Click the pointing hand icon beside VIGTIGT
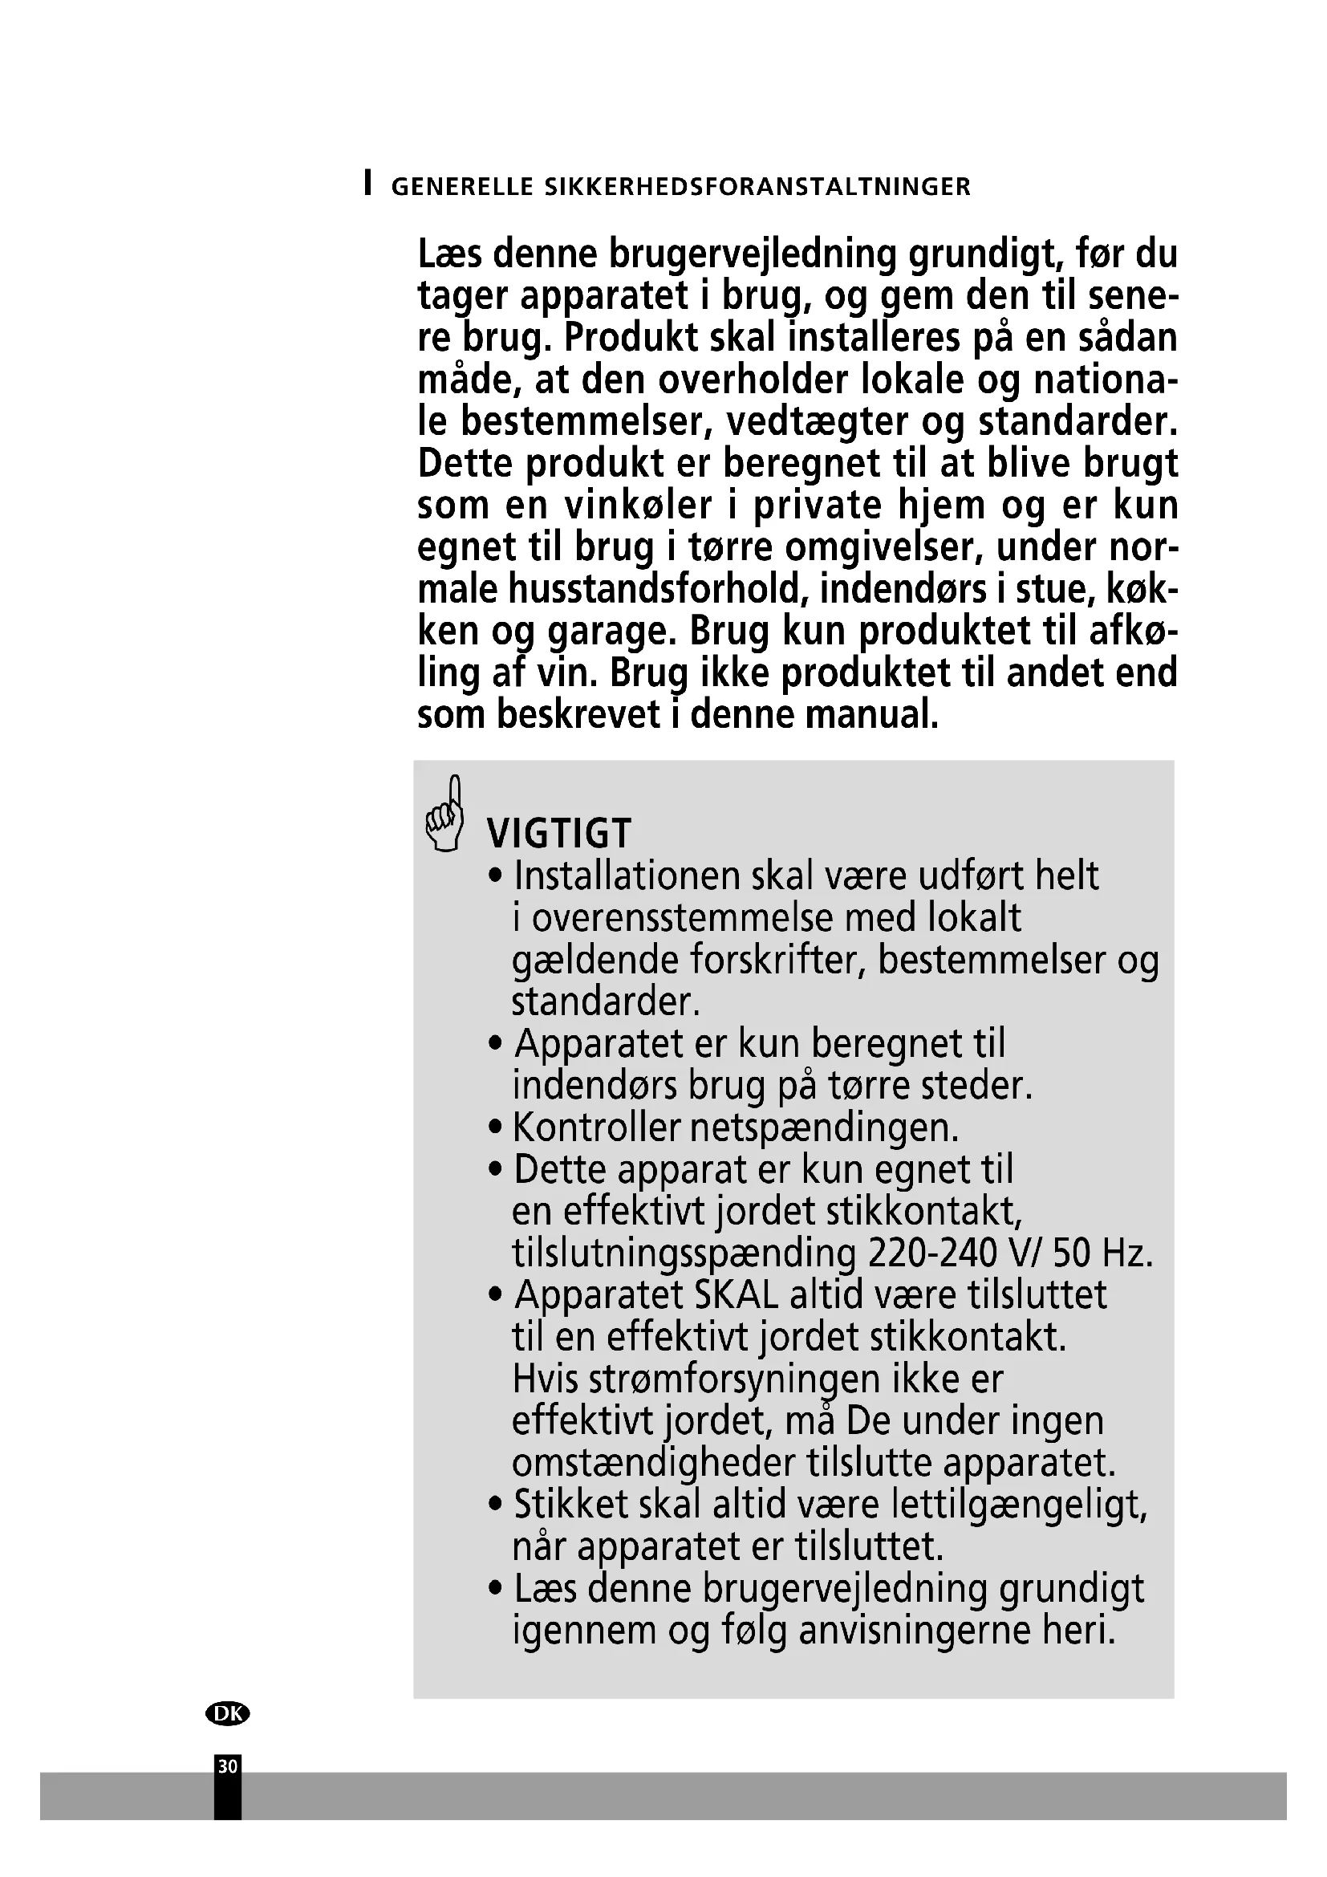point(445,814)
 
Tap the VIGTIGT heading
point(559,834)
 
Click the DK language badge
point(228,1713)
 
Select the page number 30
point(228,1766)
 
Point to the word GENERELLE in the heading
point(462,187)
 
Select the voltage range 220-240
point(935,1253)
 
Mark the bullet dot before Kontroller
point(494,1129)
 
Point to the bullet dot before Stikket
point(494,1505)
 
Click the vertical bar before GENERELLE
point(368,183)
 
